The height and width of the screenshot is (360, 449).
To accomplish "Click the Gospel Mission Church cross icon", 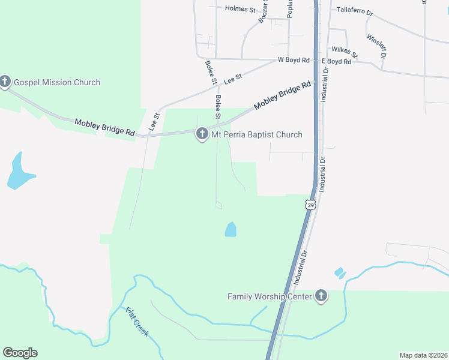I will tap(5, 82).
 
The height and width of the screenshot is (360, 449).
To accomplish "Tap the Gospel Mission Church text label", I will tap(57, 82).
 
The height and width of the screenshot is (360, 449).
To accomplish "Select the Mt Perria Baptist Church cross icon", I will tap(202, 134).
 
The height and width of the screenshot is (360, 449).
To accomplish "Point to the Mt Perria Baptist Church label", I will tap(257, 134).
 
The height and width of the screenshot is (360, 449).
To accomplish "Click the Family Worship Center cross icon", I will tap(321, 296).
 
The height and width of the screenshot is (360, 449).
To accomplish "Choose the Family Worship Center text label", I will tap(270, 296).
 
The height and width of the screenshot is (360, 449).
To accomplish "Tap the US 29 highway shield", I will tap(310, 205).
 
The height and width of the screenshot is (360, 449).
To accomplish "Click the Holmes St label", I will tap(240, 8).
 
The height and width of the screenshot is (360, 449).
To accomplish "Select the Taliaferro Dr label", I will tap(355, 10).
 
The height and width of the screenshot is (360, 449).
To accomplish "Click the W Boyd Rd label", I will tap(293, 61).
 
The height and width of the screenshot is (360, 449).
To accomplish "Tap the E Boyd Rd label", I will tap(336, 61).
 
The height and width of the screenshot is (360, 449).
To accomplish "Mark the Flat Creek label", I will tap(137, 322).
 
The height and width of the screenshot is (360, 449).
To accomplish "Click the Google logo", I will tap(20, 353).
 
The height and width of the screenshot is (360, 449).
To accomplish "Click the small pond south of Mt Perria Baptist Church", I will tap(231, 229).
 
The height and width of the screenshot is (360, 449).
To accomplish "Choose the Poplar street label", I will tap(289, 9).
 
